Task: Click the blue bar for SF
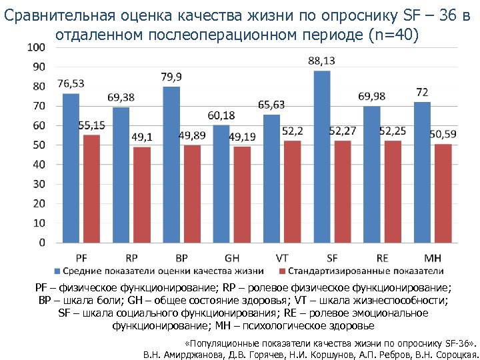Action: coord(322,157)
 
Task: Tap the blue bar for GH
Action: coord(221,184)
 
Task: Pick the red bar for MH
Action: coord(443,193)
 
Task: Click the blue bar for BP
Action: coord(171,165)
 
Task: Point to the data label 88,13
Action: coord(322,61)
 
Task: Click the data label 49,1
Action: coord(142,137)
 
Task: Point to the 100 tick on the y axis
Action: coord(37,47)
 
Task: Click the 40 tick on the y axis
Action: coord(39,165)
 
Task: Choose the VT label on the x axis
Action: coord(282,257)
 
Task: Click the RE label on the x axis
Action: coord(382,257)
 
